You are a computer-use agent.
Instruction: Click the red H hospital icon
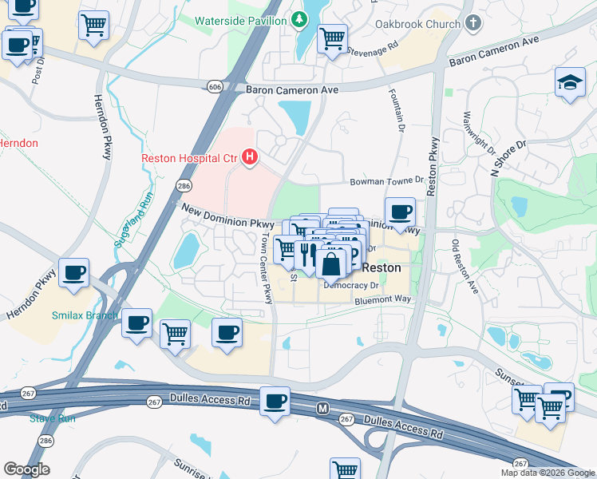tap(250, 157)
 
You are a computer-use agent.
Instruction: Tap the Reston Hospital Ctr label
tap(188, 158)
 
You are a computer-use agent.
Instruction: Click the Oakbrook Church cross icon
tap(472, 23)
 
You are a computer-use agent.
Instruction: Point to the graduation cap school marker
tap(570, 83)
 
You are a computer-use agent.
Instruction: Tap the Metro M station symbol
tap(323, 409)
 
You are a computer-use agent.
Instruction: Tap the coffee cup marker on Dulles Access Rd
tap(276, 401)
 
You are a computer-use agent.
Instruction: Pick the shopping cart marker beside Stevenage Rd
tap(332, 38)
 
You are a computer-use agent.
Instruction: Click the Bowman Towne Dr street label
tap(385, 182)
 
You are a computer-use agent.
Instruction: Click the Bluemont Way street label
tap(383, 299)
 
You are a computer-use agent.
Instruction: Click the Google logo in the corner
tap(26, 469)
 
